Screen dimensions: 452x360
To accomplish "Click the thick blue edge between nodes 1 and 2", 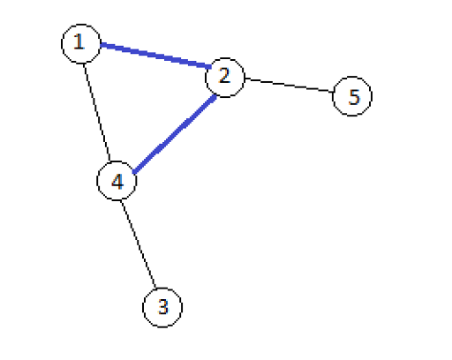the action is (x=156, y=56).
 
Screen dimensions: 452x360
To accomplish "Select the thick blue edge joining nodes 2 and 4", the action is (x=175, y=134).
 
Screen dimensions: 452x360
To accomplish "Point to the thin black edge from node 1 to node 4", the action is (x=97, y=112).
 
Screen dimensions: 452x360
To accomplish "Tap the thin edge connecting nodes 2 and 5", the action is (x=289, y=85).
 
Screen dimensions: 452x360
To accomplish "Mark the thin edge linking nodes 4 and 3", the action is (x=138, y=244).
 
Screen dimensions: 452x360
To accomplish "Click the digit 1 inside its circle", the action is (x=79, y=41).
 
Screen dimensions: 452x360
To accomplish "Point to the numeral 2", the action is (x=224, y=75).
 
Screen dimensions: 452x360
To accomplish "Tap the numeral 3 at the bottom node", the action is (x=163, y=306).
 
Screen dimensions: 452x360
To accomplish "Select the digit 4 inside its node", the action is (x=117, y=181).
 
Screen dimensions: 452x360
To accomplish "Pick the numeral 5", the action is (x=354, y=97).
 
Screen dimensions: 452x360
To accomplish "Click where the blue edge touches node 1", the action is (x=101, y=45).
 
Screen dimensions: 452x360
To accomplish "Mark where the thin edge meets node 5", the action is (x=333, y=92).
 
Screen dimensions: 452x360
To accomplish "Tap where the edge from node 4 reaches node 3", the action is (x=155, y=288).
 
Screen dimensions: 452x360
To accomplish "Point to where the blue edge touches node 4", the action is (x=133, y=173).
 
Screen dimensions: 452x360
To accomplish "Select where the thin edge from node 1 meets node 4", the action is (x=110, y=161).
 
